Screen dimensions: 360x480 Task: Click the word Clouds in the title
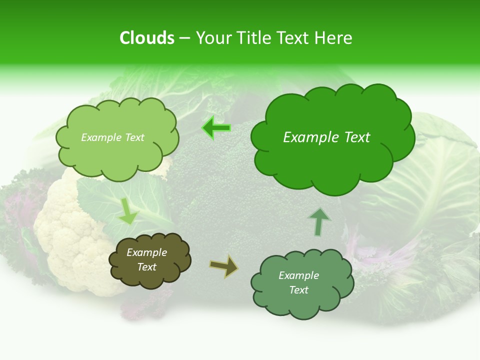146,38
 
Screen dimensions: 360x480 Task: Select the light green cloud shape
116,137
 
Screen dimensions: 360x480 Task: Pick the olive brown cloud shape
149,260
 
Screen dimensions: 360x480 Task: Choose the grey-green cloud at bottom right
301,283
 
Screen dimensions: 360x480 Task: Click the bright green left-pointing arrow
216,128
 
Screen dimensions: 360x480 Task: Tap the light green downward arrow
128,211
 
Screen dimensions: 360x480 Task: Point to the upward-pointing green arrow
319,221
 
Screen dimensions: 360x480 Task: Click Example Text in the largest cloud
326,137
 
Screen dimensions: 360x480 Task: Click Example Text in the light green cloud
112,137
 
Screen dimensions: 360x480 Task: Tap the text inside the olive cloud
146,260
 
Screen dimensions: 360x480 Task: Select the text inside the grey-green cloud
298,283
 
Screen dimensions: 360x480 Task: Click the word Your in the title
212,38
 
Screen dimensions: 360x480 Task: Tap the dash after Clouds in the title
184,38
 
